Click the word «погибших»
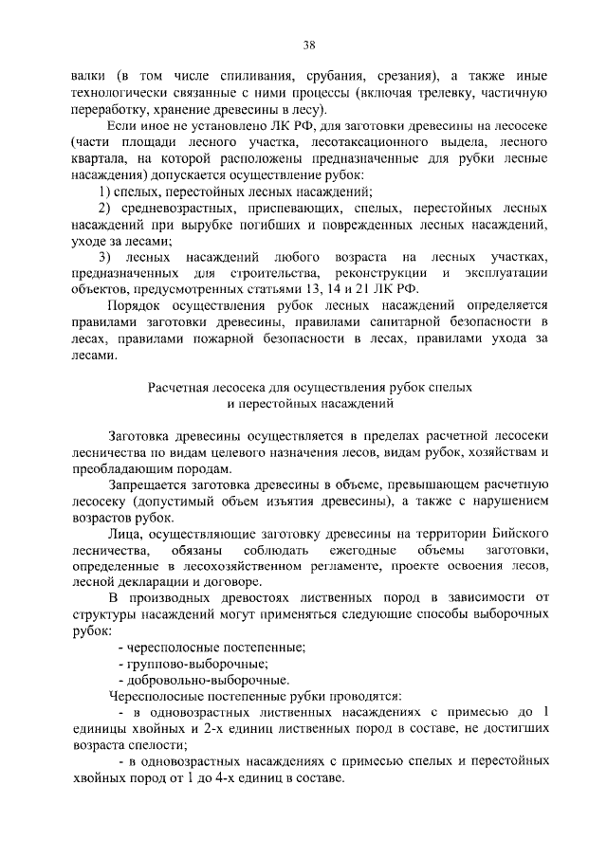pyautogui.click(x=314, y=225)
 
